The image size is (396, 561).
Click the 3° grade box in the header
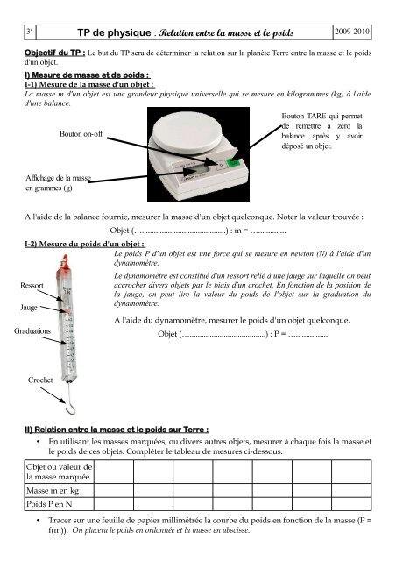pos(30,32)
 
